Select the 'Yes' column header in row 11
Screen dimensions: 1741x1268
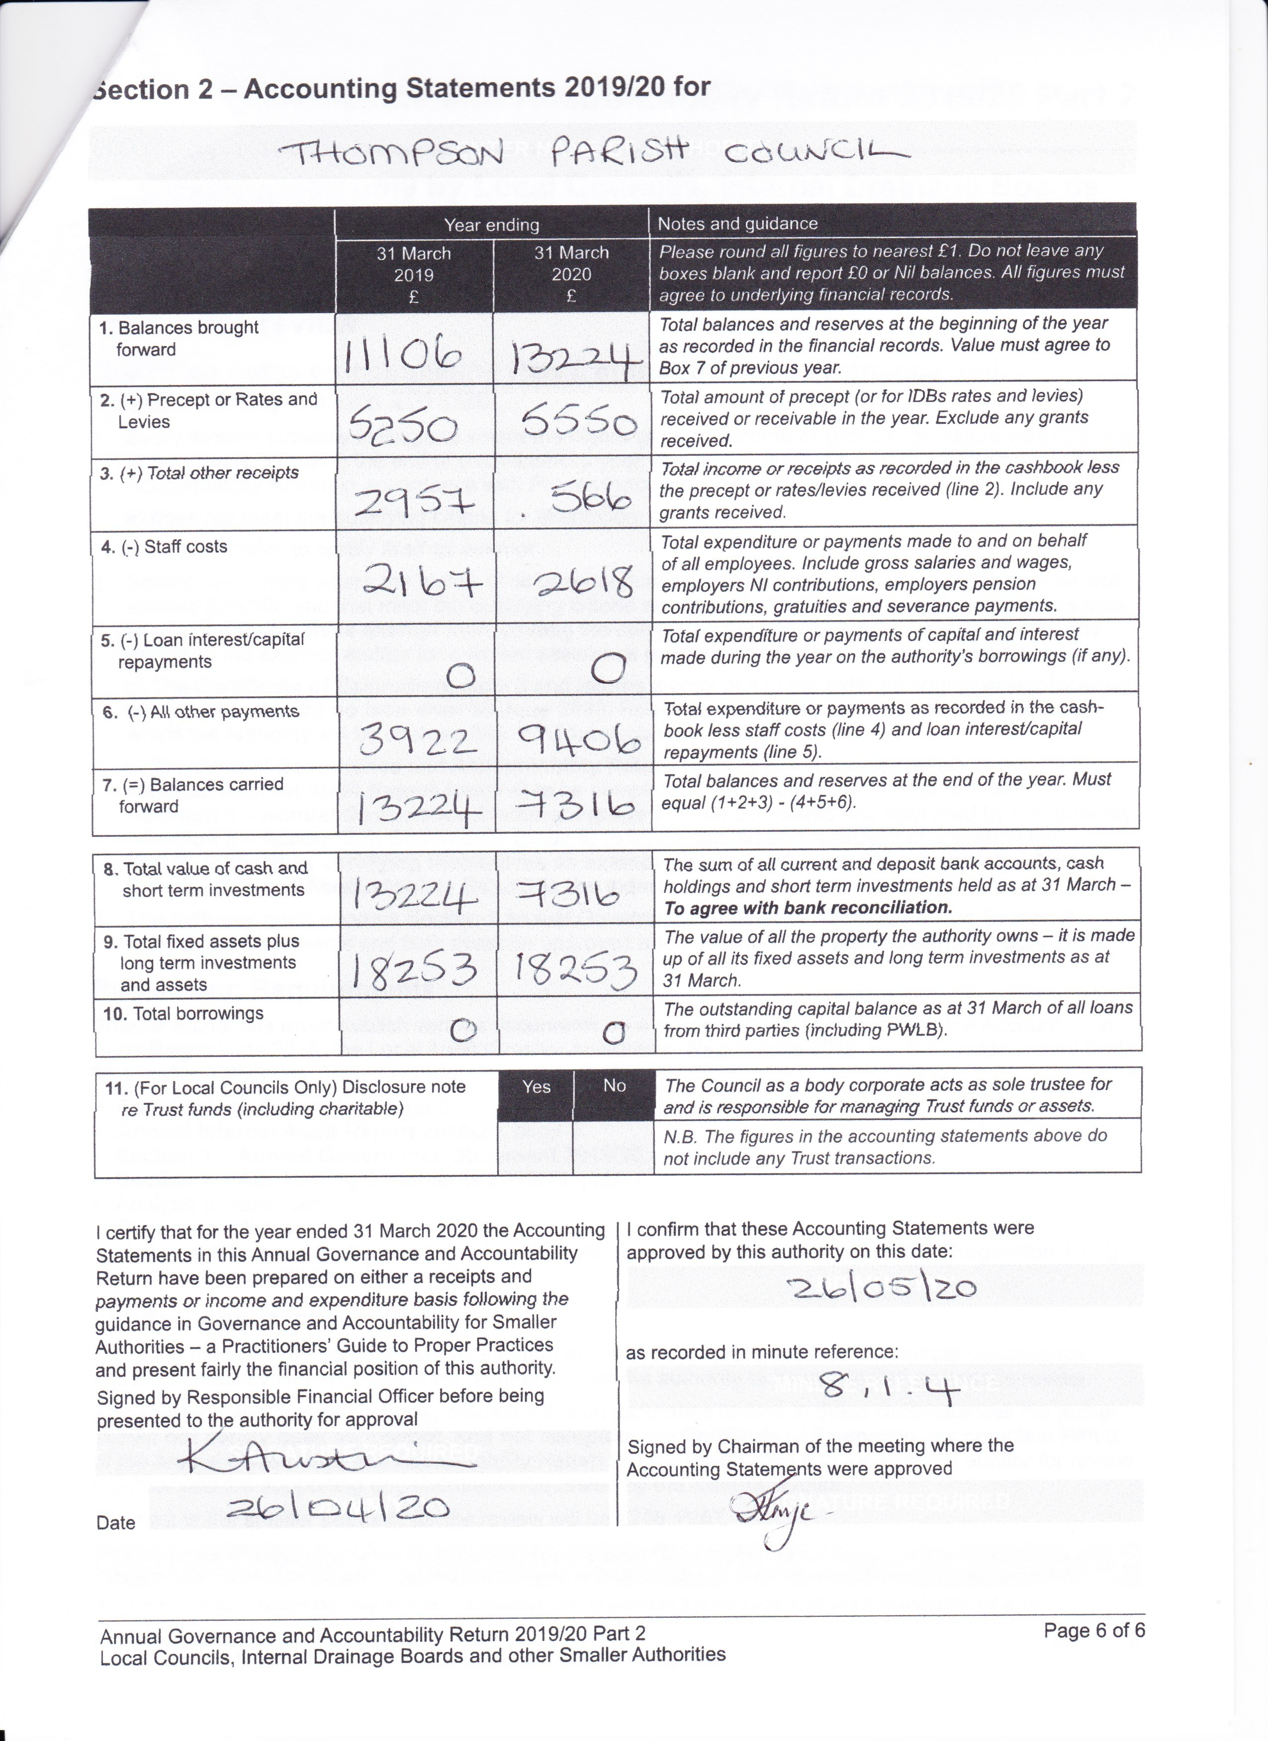pos(536,1087)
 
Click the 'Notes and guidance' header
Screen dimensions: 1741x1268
pos(737,224)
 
